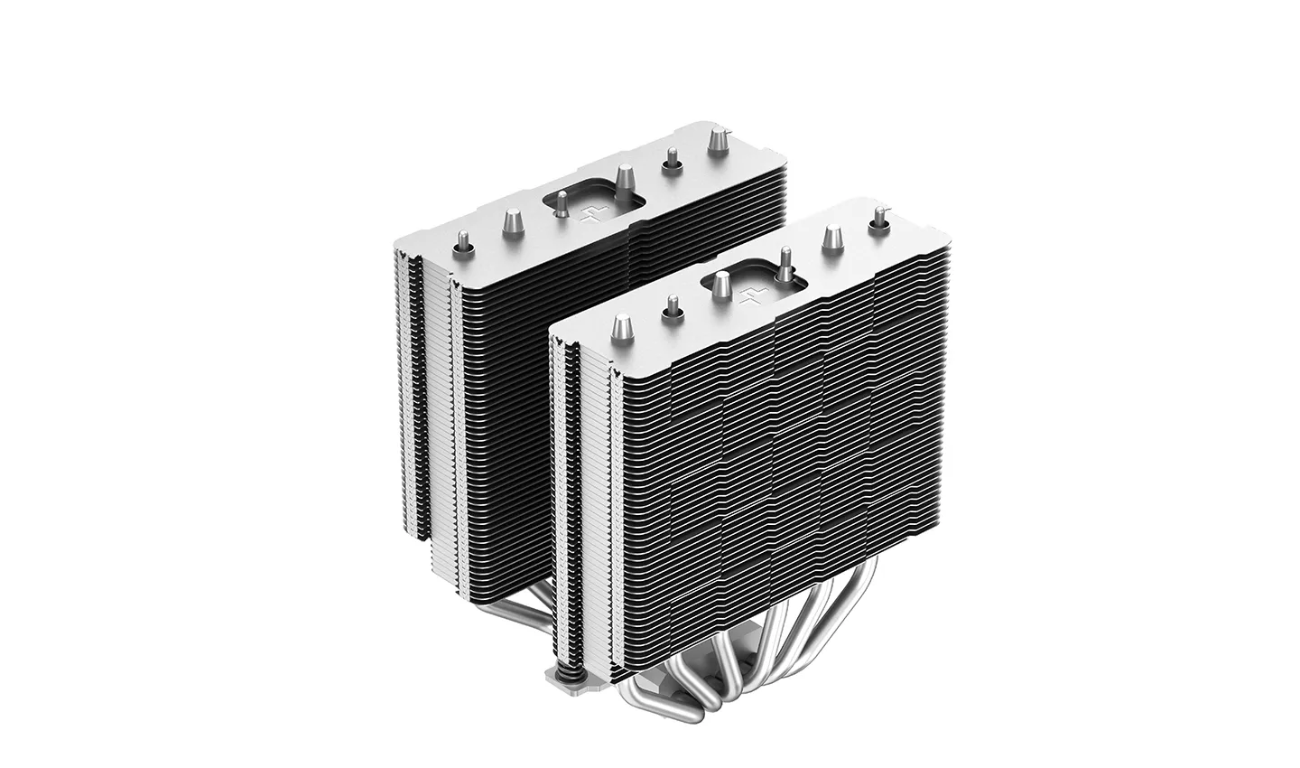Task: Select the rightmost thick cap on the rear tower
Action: pos(719,141)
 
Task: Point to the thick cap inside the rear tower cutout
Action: pos(624,176)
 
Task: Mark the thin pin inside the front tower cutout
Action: pos(785,262)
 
